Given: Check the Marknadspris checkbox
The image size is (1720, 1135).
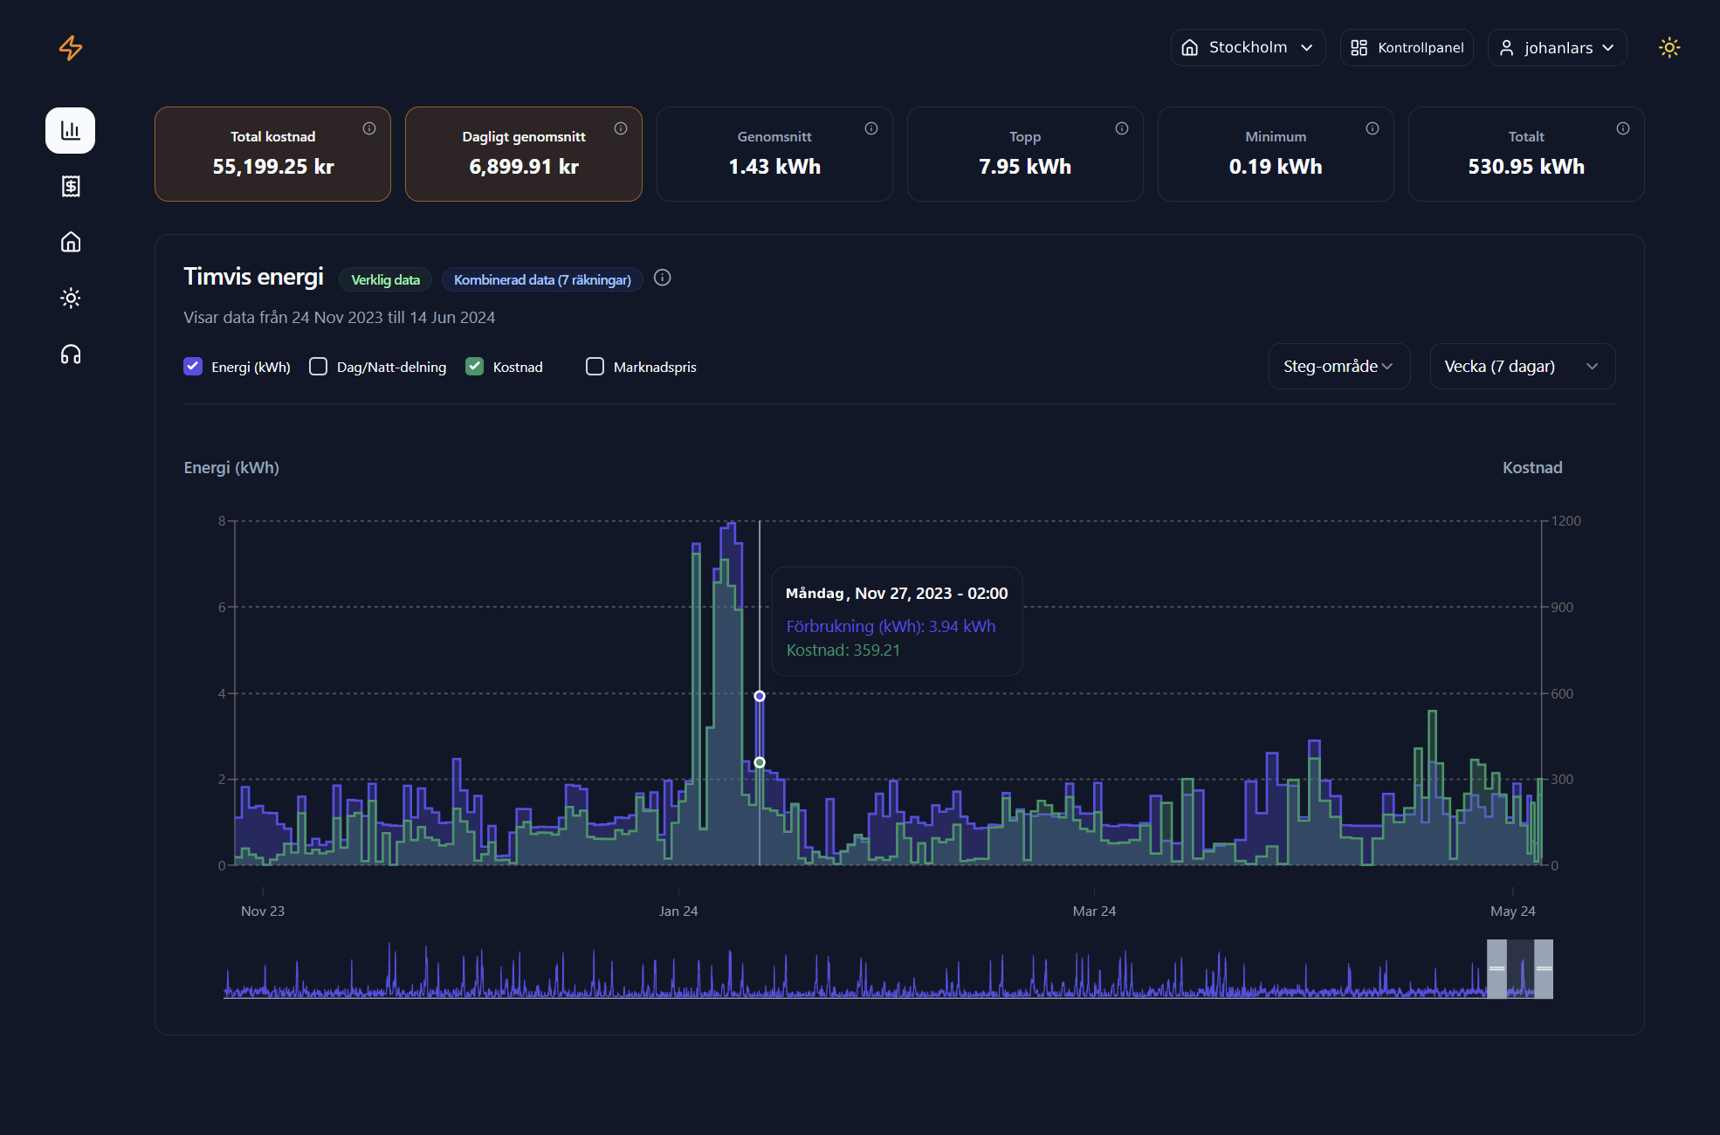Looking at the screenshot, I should pyautogui.click(x=595, y=367).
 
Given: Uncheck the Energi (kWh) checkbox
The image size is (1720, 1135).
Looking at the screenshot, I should pyautogui.click(x=193, y=367).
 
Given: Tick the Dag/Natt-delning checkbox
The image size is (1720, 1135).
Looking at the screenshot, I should pyautogui.click(x=319, y=367).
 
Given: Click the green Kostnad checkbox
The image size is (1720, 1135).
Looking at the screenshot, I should pyautogui.click(x=475, y=367).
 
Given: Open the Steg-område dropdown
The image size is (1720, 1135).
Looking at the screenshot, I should pyautogui.click(x=1338, y=367).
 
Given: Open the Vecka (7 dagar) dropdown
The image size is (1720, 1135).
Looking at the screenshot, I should pyautogui.click(x=1522, y=367).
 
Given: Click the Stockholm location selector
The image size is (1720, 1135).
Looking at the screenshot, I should pyautogui.click(x=1248, y=48).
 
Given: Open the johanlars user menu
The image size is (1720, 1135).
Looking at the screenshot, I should pyautogui.click(x=1557, y=48).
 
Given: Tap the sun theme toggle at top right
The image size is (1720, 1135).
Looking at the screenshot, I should pyautogui.click(x=1669, y=48).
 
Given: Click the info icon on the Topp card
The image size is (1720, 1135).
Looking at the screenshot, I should pyautogui.click(x=1122, y=129).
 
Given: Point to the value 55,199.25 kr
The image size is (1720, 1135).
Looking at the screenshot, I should pyautogui.click(x=273, y=167).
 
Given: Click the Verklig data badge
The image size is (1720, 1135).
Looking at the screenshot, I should pyautogui.click(x=385, y=280).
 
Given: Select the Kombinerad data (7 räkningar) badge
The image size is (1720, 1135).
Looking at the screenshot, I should pyautogui.click(x=542, y=280).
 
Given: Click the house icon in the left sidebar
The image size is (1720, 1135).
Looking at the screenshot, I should pyautogui.click(x=71, y=242).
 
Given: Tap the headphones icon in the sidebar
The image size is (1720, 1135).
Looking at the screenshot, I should pyautogui.click(x=71, y=354).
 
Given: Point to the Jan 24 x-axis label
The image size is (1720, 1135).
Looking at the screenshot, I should pyautogui.click(x=678, y=911).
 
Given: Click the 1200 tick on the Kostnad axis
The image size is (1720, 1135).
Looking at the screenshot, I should pyautogui.click(x=1565, y=521).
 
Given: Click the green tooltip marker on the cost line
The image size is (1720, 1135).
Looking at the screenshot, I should pyautogui.click(x=760, y=762).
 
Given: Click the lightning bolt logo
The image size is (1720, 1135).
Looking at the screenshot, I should pyautogui.click(x=71, y=48).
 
